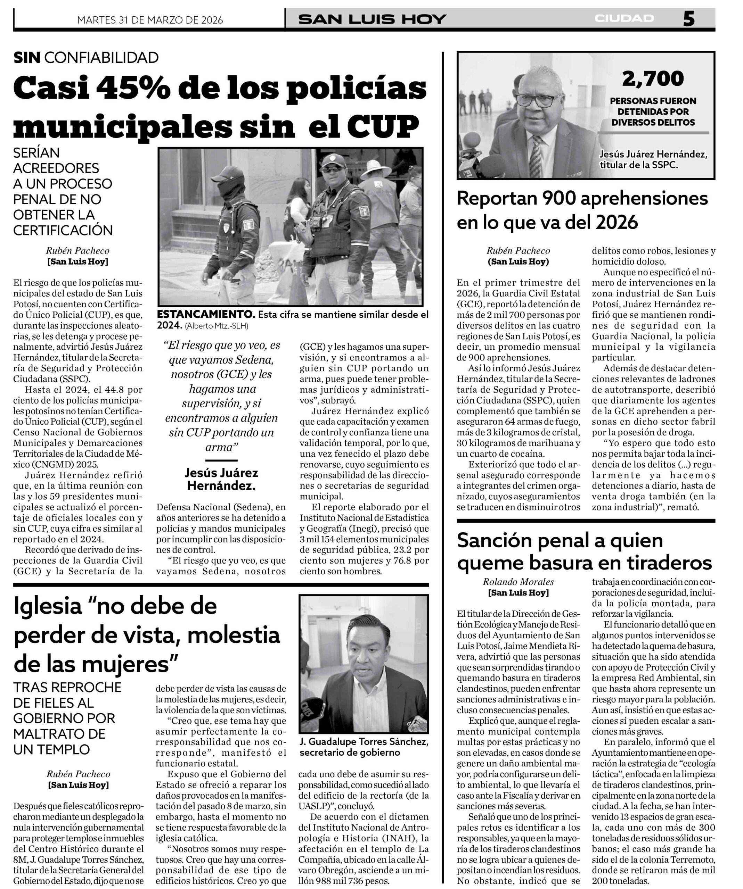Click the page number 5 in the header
coord(688,19)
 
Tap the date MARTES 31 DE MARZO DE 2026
coord(150,20)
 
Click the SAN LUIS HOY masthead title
coord(372,19)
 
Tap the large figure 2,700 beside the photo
coord(652,79)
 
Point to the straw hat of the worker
coord(375,166)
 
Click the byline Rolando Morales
coord(518,582)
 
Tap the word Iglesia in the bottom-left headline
coord(48,606)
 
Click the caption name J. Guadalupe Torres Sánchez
coord(364,742)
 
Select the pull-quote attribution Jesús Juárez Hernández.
coord(221,479)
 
